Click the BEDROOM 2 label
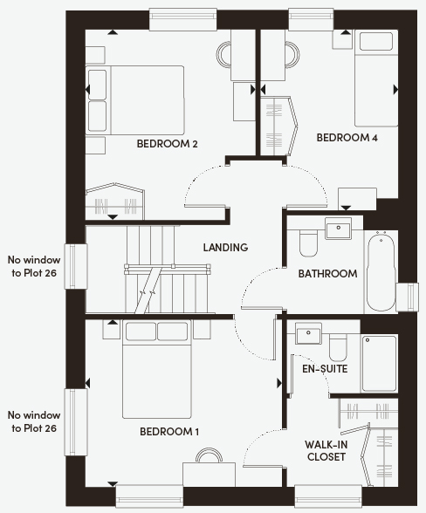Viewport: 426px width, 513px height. pos(167,144)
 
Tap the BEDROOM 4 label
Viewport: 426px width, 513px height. pos(347,138)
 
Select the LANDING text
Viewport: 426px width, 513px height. pos(225,248)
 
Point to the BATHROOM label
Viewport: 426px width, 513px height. pos(327,274)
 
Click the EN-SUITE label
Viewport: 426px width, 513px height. pos(325,369)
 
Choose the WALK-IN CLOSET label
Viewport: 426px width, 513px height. pos(326,450)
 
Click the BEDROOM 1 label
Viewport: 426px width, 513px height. pos(169,432)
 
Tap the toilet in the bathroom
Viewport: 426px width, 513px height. pos(308,243)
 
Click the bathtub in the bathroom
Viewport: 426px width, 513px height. pos(381,270)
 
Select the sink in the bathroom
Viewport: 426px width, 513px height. pos(338,228)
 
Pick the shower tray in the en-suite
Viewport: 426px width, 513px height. pos(379,363)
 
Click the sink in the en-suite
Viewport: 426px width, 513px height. pos(308,333)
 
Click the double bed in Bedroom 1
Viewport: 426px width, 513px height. pos(156,369)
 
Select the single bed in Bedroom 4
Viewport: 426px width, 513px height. pos(376,79)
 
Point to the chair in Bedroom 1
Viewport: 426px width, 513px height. pos(209,455)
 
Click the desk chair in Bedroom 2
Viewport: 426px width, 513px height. pos(223,55)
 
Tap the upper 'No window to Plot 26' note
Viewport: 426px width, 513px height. pos(34,266)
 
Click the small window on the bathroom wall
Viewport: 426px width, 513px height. pos(407,297)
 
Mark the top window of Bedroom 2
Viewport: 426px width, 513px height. pos(182,20)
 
